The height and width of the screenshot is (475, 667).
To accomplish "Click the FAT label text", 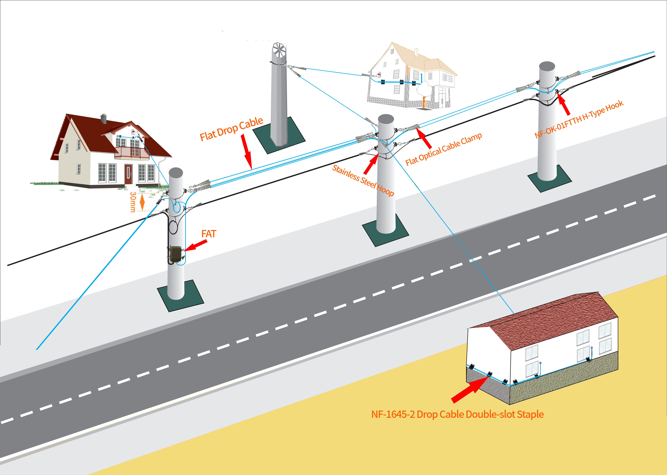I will [x=209, y=234].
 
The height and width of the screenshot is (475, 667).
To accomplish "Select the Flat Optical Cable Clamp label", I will [x=444, y=149].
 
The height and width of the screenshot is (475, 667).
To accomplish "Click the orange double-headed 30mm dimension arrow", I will [x=142, y=202].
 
